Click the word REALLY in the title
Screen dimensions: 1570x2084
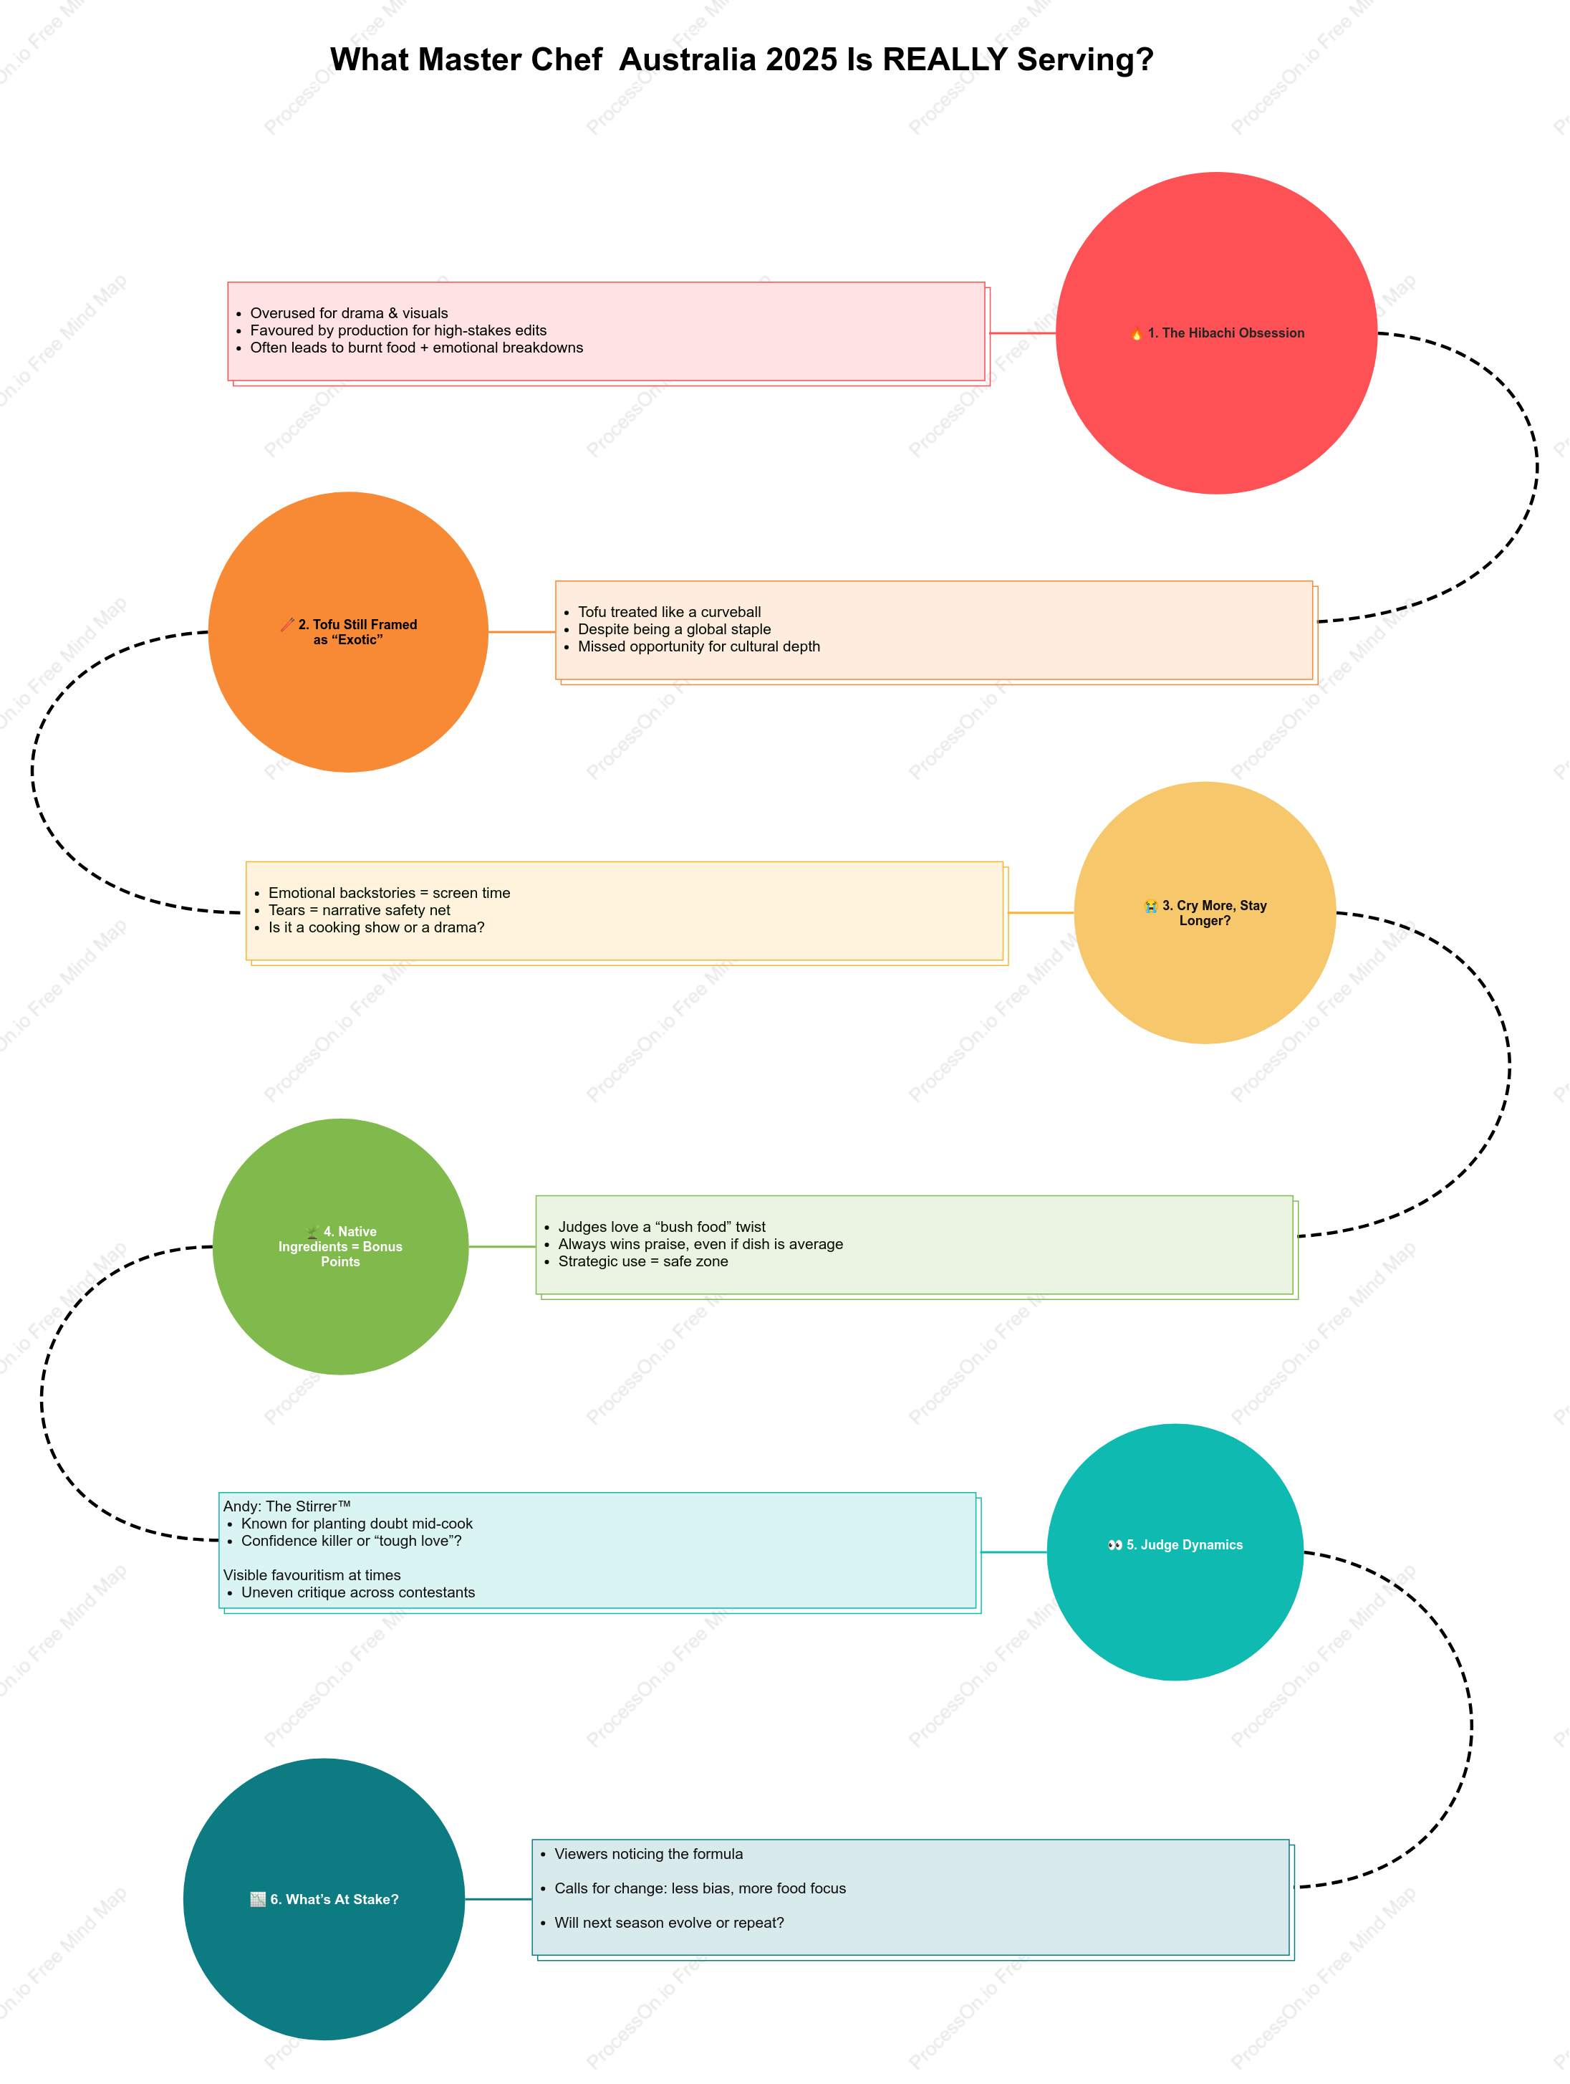tap(945, 59)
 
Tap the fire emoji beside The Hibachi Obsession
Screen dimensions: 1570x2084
tap(1137, 333)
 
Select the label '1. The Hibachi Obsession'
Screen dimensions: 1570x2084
tap(1225, 333)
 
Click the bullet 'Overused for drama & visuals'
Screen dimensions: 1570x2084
tap(349, 312)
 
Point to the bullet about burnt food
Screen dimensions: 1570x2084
tap(416, 348)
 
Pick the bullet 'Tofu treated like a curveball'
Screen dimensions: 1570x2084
tap(669, 611)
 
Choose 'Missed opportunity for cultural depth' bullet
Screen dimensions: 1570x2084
tap(699, 646)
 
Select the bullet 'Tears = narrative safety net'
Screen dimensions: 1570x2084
tap(359, 910)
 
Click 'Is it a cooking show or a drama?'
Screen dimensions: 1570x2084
tap(376, 927)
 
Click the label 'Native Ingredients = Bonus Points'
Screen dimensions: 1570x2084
tap(340, 1246)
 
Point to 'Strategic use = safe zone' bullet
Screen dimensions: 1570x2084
tap(642, 1261)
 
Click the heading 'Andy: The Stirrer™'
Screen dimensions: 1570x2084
tap(286, 1506)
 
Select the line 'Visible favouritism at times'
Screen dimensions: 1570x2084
tap(312, 1575)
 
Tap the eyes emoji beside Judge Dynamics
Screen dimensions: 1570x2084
tap(1115, 1545)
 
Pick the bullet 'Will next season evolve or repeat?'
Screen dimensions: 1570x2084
tap(669, 1923)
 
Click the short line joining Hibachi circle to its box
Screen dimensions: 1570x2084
tap(1021, 333)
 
